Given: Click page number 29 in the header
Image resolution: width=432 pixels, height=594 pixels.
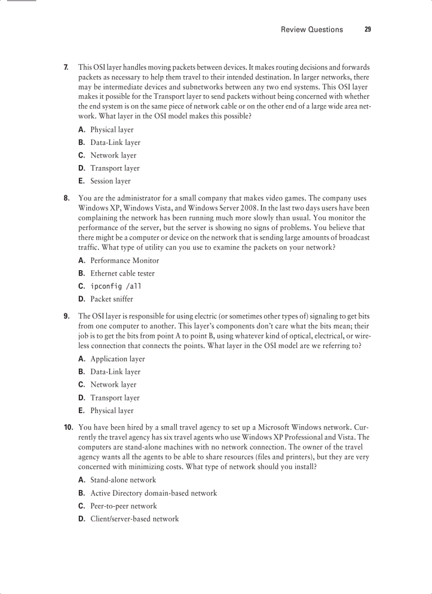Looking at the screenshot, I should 367,30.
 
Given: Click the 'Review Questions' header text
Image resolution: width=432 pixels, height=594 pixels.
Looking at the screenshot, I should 312,30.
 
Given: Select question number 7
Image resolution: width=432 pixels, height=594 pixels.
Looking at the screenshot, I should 66,67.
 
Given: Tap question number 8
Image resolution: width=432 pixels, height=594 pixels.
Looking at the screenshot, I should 66,198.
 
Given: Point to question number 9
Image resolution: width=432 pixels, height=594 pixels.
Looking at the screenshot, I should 66,316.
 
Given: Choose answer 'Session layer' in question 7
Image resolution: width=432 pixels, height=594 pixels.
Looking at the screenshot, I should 110,181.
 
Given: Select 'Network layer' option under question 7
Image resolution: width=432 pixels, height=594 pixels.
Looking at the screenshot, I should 113,156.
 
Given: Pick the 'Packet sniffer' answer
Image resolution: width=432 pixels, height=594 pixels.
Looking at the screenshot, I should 112,299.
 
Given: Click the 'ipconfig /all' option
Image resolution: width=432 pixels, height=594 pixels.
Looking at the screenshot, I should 115,286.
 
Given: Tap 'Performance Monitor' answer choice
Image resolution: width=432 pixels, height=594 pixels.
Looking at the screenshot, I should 124,260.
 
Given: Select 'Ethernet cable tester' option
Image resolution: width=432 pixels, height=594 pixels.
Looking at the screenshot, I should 122,273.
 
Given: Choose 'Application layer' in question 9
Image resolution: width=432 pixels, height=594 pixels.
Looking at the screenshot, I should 118,359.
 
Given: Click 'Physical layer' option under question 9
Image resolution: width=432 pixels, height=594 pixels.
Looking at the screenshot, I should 112,410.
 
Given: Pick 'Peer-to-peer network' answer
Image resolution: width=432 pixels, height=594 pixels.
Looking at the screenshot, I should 123,506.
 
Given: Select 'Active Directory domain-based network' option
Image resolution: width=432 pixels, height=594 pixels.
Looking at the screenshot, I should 154,493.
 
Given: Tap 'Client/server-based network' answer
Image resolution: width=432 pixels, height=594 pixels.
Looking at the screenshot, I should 134,519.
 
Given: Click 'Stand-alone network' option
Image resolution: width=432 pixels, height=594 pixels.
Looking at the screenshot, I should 123,480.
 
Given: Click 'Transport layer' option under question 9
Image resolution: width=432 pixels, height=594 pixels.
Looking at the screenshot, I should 115,398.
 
